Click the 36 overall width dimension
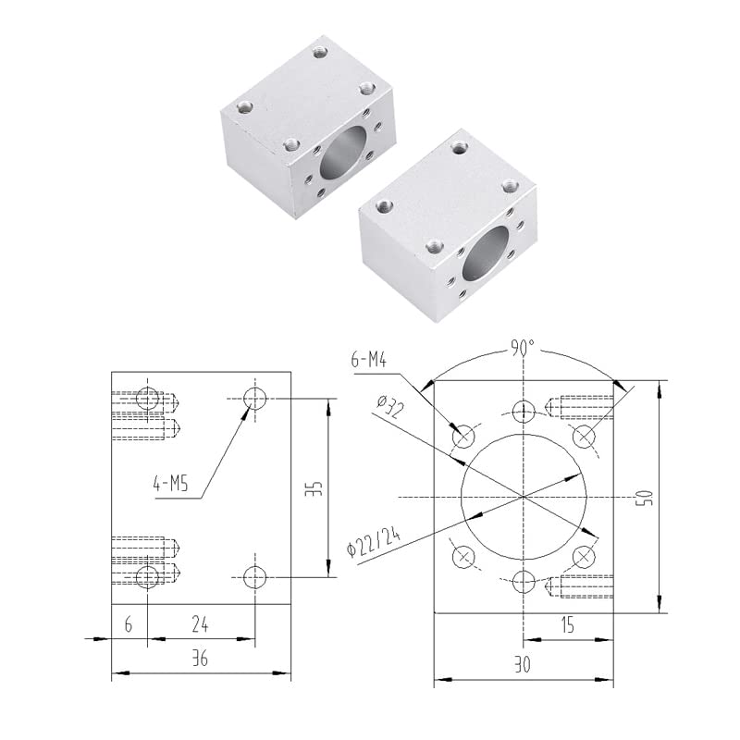(201, 660)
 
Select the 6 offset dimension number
(129, 624)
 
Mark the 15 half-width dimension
(567, 625)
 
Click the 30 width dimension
(523, 662)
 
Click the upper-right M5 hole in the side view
(255, 399)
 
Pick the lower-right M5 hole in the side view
(255, 578)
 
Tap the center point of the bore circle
(524, 497)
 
